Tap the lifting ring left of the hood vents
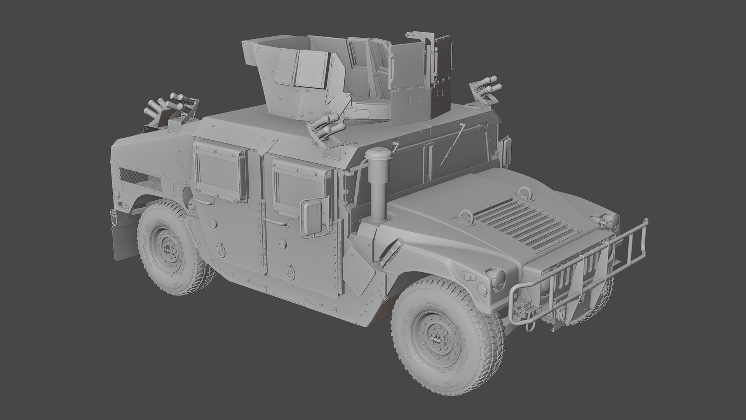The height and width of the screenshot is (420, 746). click(465, 216)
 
